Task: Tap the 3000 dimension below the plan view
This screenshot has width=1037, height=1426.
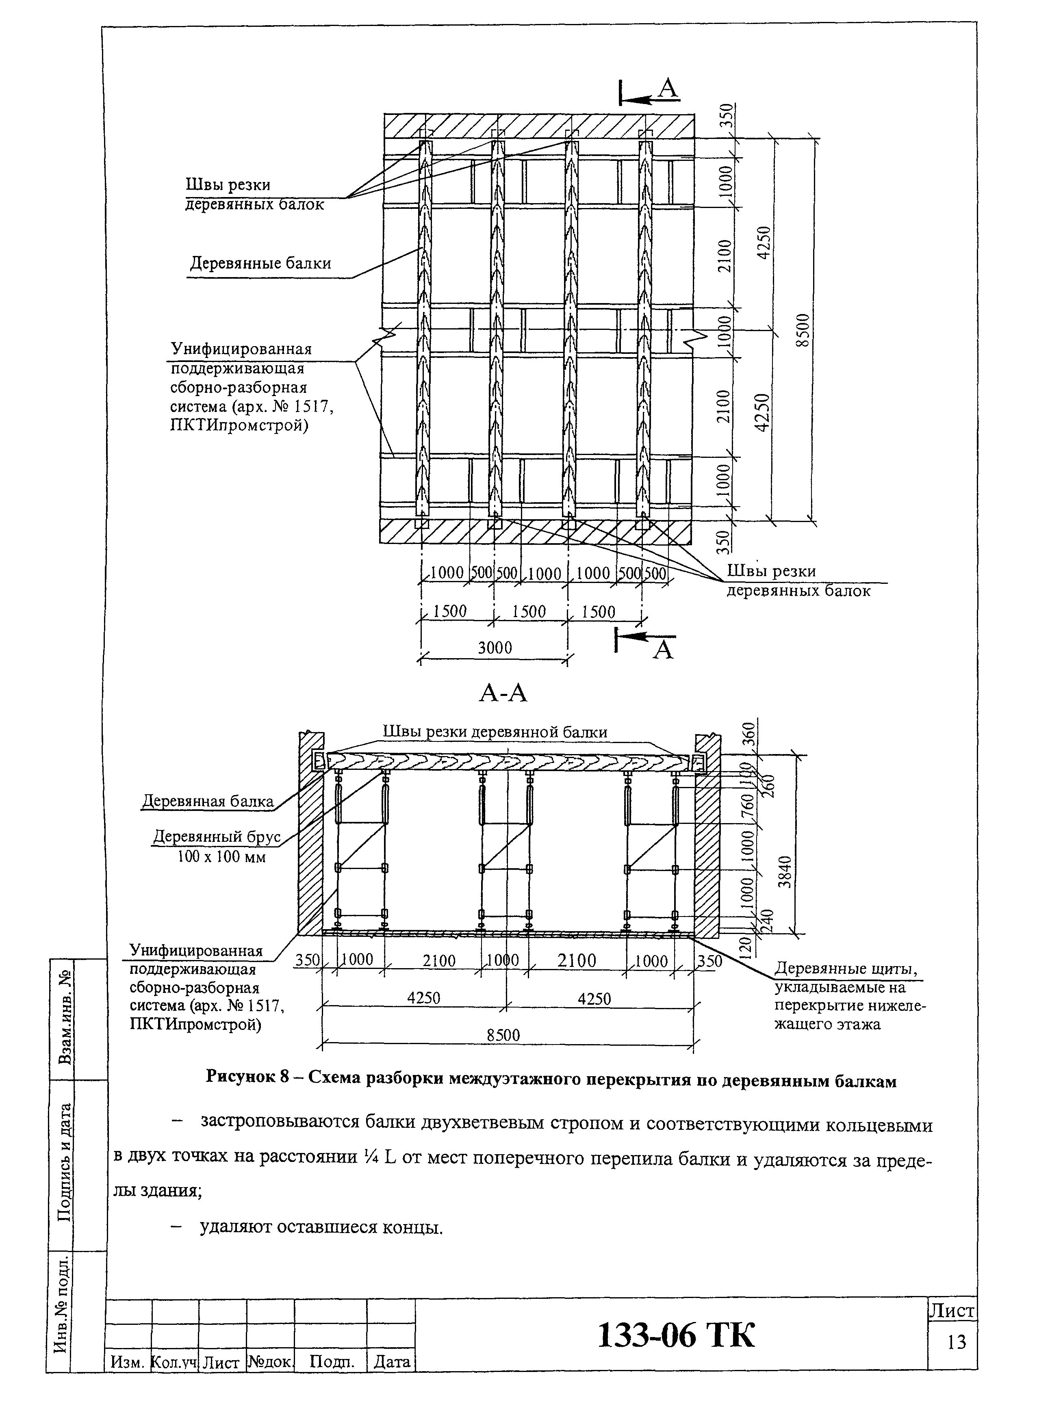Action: [495, 648]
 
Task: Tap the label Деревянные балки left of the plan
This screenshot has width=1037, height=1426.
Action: [260, 263]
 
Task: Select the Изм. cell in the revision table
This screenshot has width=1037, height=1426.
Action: [128, 1363]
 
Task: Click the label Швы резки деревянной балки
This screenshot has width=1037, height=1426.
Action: [495, 732]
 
